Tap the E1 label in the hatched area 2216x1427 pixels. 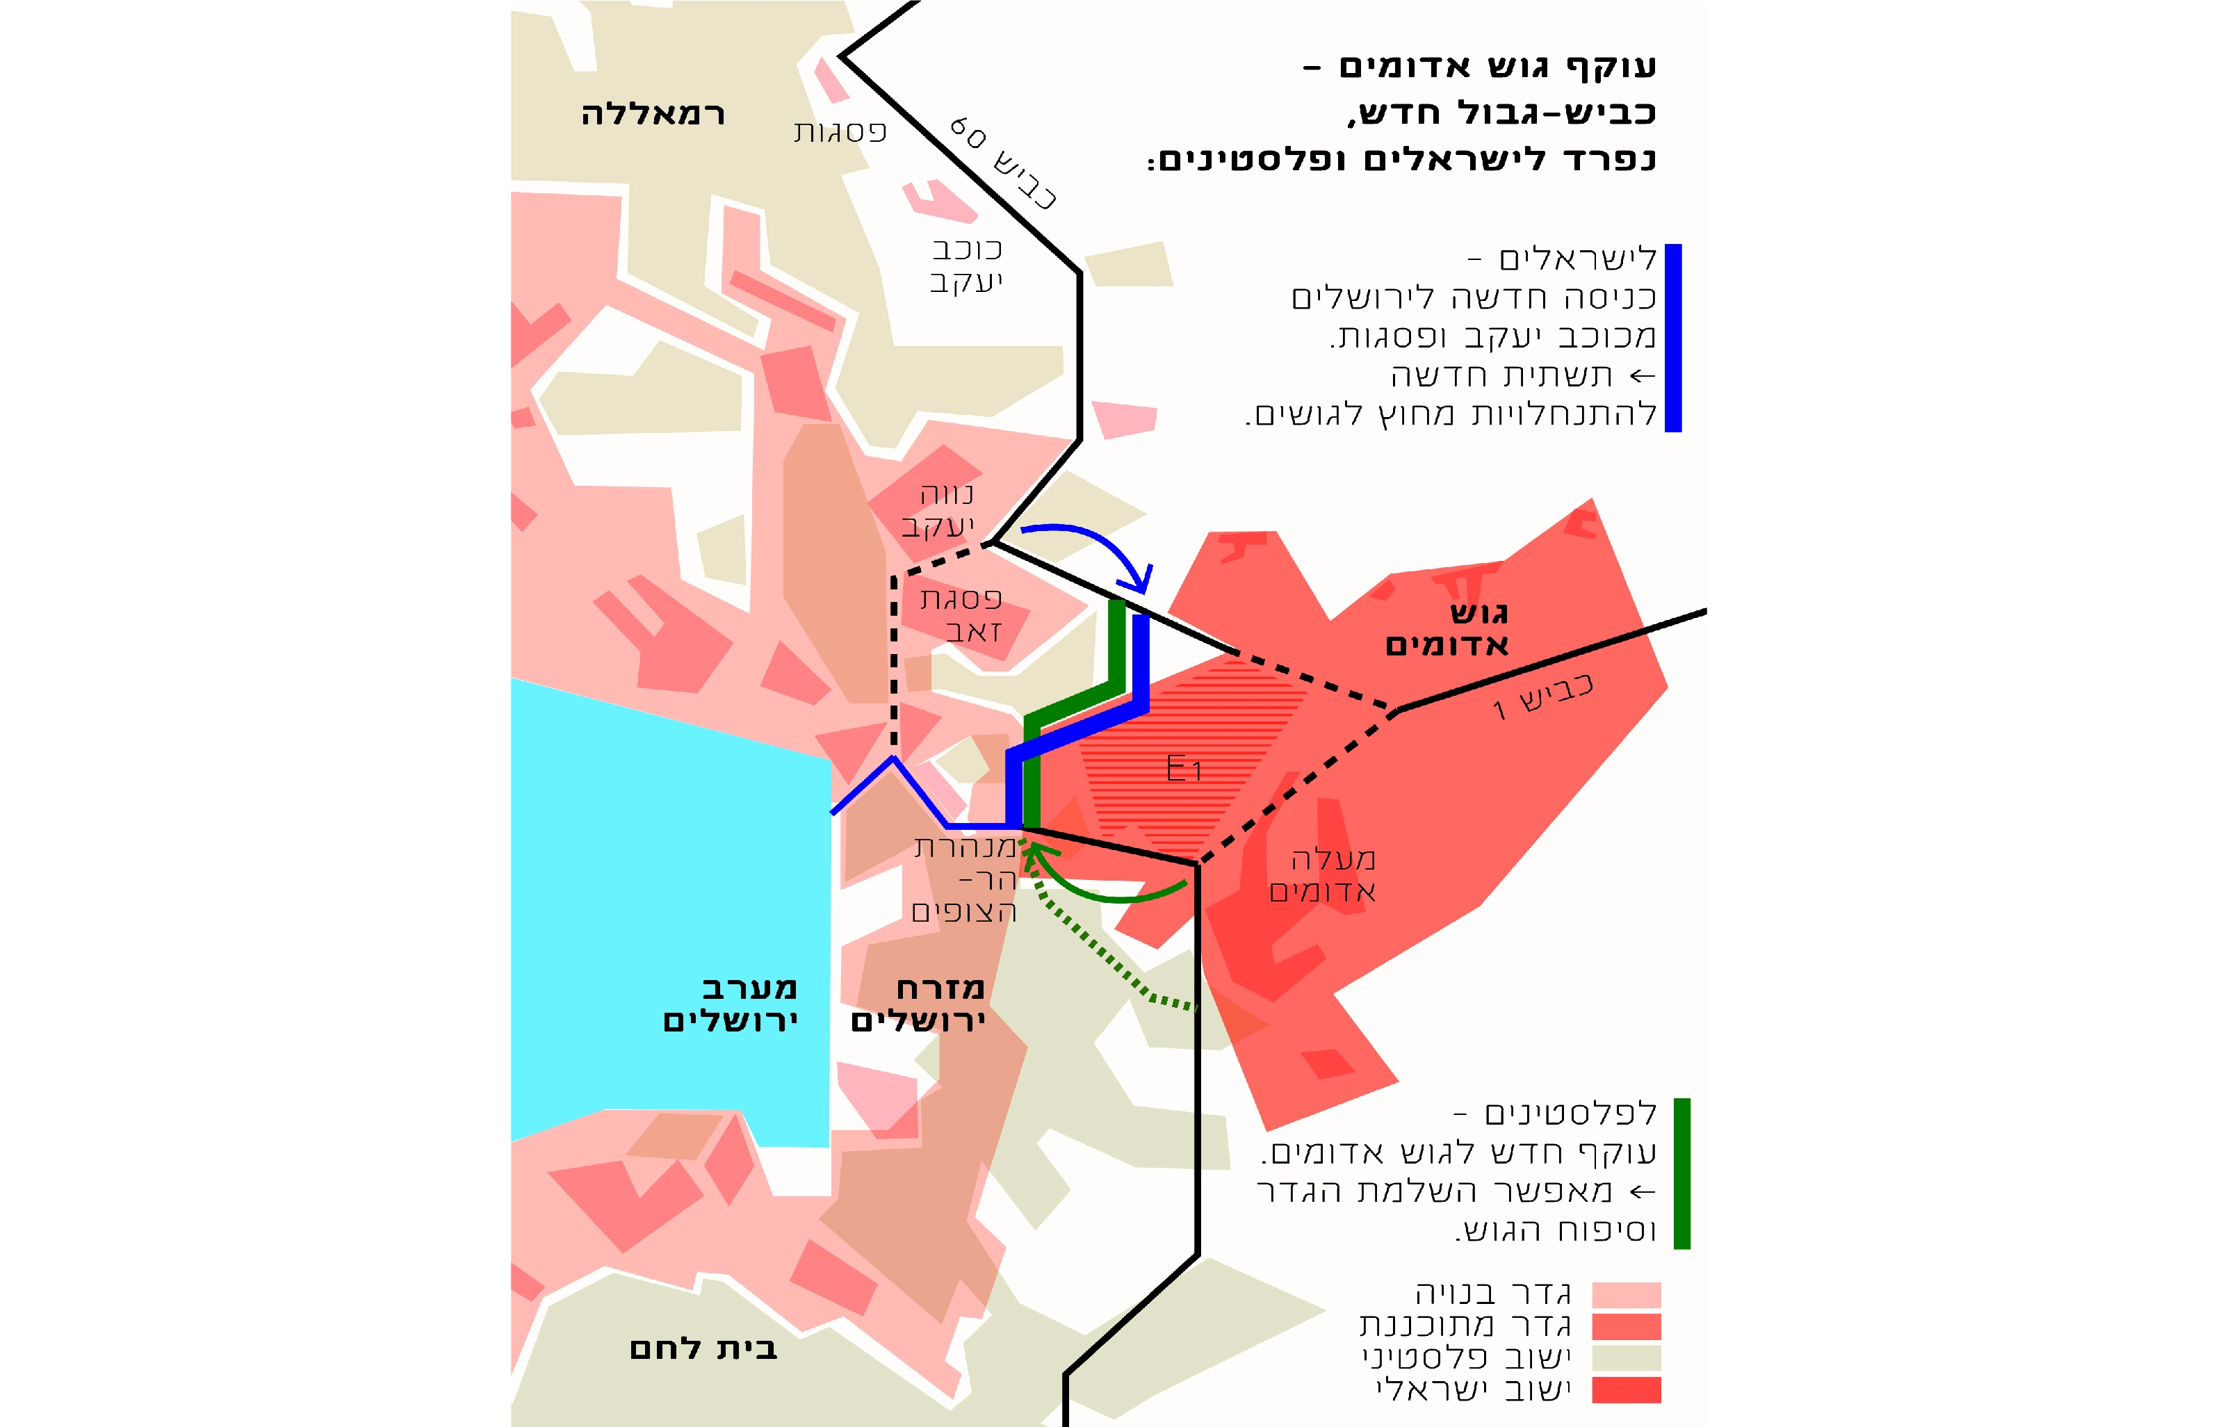point(1183,768)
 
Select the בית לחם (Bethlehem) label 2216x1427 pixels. point(703,1348)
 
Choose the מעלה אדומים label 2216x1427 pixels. point(1323,874)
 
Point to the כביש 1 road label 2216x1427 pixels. point(1542,697)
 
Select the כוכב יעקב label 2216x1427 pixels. point(966,265)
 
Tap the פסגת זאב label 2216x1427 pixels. point(961,614)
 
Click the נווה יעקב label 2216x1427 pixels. point(938,509)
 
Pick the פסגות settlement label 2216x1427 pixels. point(840,131)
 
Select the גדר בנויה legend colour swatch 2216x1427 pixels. point(1626,1294)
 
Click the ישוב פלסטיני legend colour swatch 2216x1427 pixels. point(1626,1358)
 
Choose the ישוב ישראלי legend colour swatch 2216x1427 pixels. point(1626,1390)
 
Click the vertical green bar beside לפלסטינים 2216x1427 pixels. point(1681,1173)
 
